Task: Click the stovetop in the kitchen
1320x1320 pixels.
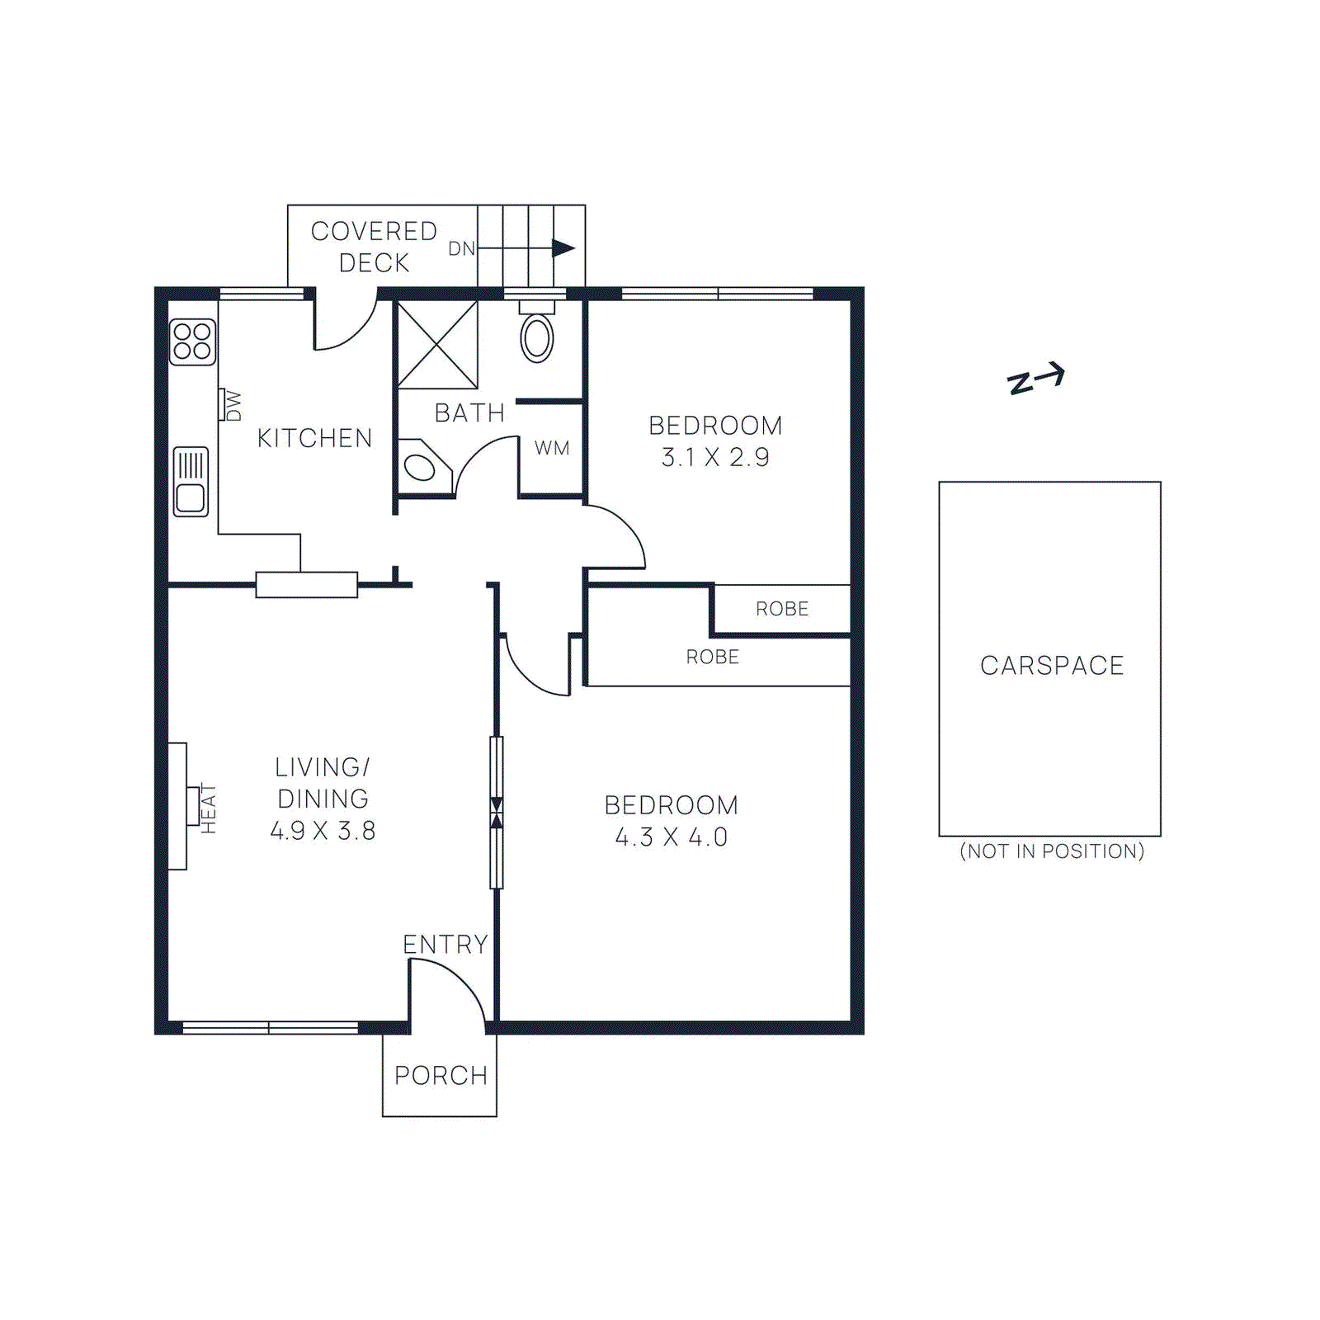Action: [x=192, y=342]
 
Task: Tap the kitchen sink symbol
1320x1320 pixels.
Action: [x=191, y=482]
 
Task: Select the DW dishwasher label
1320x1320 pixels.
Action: [x=233, y=405]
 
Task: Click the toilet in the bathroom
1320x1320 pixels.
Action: [x=537, y=337]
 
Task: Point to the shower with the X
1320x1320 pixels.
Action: [x=437, y=345]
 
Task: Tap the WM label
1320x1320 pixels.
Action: [x=552, y=448]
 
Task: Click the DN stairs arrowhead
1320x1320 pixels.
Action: [x=563, y=247]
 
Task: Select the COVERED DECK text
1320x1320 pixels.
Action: [x=374, y=247]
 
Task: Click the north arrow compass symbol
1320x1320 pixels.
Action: [x=1036, y=379]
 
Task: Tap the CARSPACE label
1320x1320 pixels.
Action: [x=1052, y=666]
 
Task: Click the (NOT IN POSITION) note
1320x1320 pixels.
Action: [x=1052, y=851]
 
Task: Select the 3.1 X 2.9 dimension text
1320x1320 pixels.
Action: [x=715, y=457]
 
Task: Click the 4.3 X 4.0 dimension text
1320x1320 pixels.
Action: [x=671, y=837]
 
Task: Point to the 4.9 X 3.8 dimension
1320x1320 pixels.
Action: [x=323, y=831]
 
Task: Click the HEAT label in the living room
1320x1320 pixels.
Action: [x=209, y=808]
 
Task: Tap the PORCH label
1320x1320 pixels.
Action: [x=441, y=1076]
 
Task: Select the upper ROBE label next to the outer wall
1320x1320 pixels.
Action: [x=782, y=609]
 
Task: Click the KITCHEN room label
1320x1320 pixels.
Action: [x=314, y=438]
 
